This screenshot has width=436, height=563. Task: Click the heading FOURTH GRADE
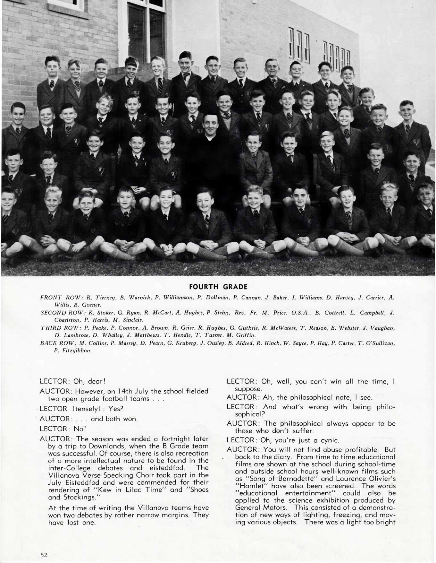tap(218, 286)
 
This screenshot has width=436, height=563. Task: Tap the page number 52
tap(44, 555)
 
